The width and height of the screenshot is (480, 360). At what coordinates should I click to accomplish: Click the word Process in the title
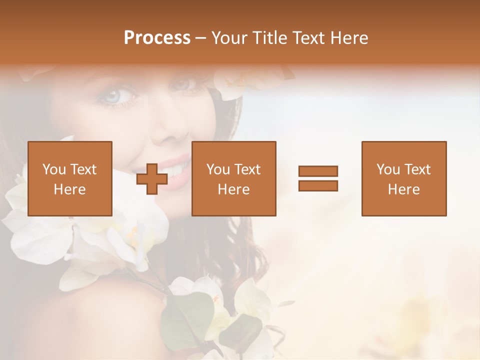coord(157,38)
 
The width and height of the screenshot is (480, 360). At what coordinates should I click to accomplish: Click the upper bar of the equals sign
coord(318,171)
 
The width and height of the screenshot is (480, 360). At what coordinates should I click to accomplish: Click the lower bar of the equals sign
coord(318,186)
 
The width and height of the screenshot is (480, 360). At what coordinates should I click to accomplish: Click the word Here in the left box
coord(70,189)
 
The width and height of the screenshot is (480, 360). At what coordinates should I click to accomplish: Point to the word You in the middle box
coord(218,170)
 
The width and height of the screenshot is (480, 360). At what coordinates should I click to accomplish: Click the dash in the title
coord(201,38)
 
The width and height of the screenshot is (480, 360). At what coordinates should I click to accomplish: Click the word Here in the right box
coord(404,189)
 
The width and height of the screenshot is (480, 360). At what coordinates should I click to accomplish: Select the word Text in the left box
coord(83,170)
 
